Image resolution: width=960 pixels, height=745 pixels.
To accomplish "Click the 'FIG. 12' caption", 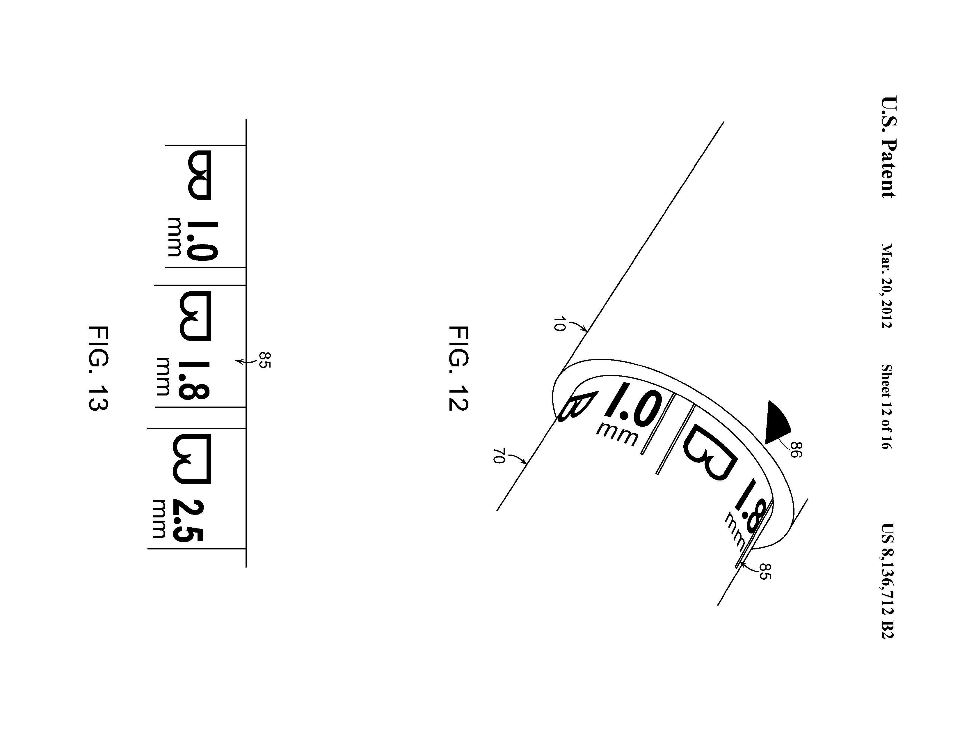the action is click(x=458, y=368).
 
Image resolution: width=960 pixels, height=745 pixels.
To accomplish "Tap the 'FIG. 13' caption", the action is click(x=98, y=368).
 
